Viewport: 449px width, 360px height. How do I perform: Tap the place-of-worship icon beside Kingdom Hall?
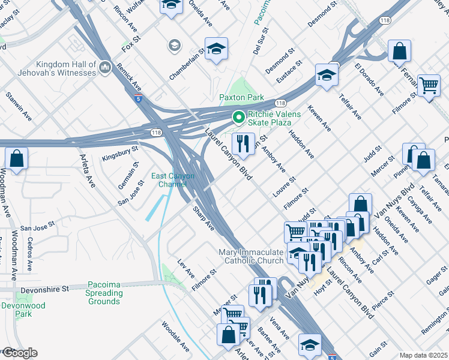coord(105,68)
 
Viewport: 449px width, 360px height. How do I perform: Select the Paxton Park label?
coord(241,97)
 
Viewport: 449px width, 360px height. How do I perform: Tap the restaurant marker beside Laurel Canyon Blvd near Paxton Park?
coord(243,143)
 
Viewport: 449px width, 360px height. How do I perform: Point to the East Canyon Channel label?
coord(172,180)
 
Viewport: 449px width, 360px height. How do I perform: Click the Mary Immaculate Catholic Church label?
coord(254,256)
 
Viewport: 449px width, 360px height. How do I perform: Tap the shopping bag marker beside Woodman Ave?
coord(17,160)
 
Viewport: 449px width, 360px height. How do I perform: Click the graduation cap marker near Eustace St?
coord(326,75)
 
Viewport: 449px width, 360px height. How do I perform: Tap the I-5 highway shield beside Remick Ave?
coord(139,99)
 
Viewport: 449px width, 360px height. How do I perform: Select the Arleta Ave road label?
coord(88,171)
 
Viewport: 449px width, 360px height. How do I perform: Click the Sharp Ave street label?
coord(203,219)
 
